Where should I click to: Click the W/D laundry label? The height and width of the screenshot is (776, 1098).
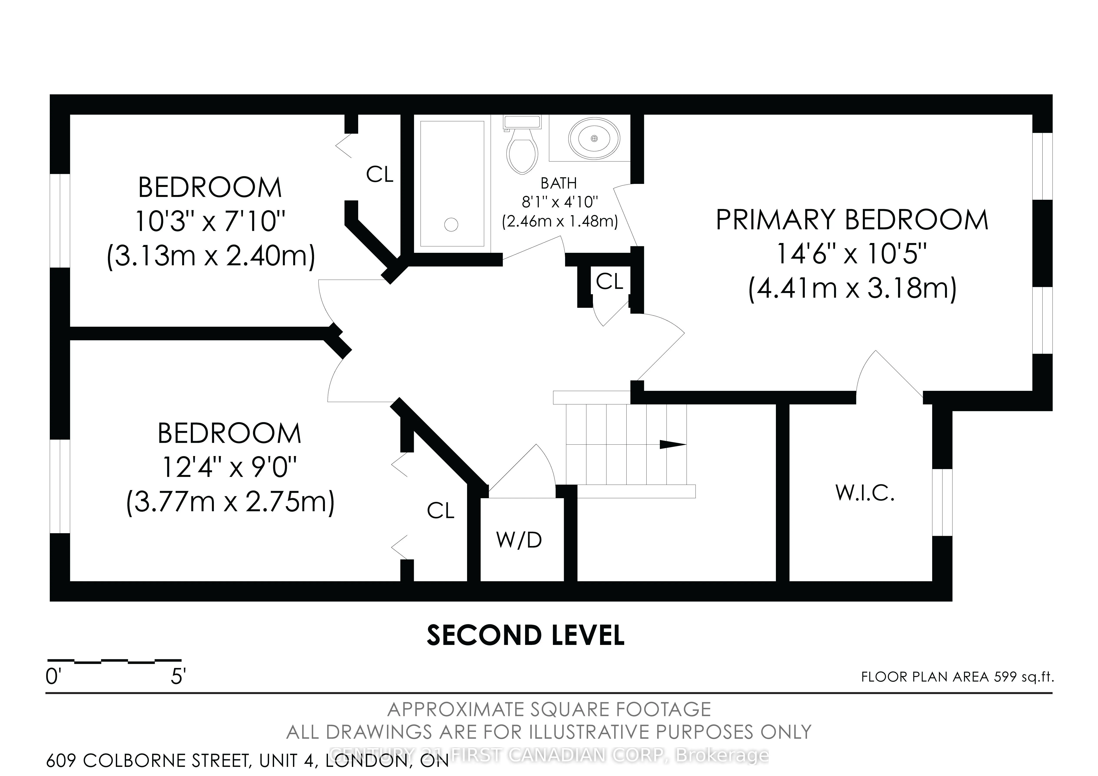pyautogui.click(x=519, y=540)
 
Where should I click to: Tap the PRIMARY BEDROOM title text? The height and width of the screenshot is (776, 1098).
pyautogui.click(x=852, y=220)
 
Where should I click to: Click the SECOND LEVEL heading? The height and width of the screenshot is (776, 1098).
pyautogui.click(x=526, y=635)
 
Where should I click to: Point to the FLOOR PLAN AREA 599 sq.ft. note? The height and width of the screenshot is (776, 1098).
pyautogui.click(x=957, y=677)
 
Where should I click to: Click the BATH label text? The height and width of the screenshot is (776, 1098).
pyautogui.click(x=559, y=183)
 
